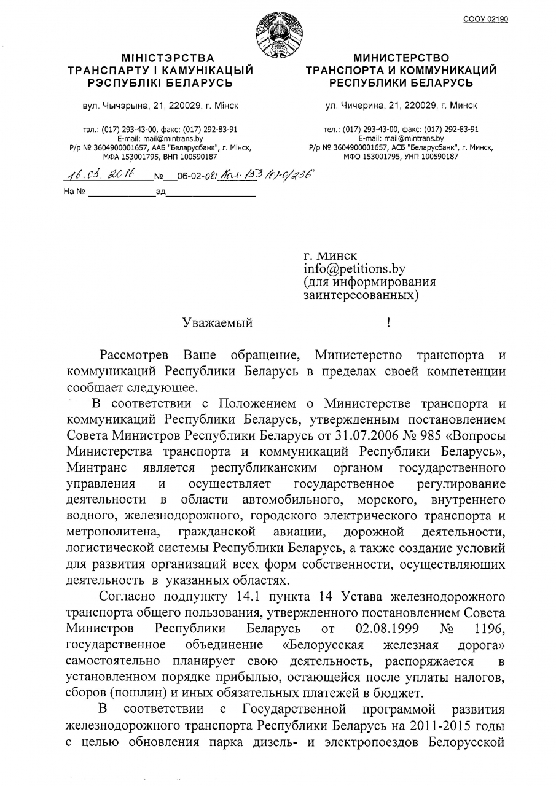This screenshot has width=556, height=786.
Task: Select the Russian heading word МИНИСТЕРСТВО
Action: pyautogui.click(x=401, y=58)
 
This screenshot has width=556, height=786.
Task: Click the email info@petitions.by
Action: pyautogui.click(x=354, y=268)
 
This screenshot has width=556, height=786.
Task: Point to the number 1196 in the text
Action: pyautogui.click(x=490, y=628)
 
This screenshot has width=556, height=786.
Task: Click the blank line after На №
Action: pyautogui.click(x=120, y=192)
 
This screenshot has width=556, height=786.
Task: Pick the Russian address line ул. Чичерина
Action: pyautogui.click(x=401, y=106)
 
